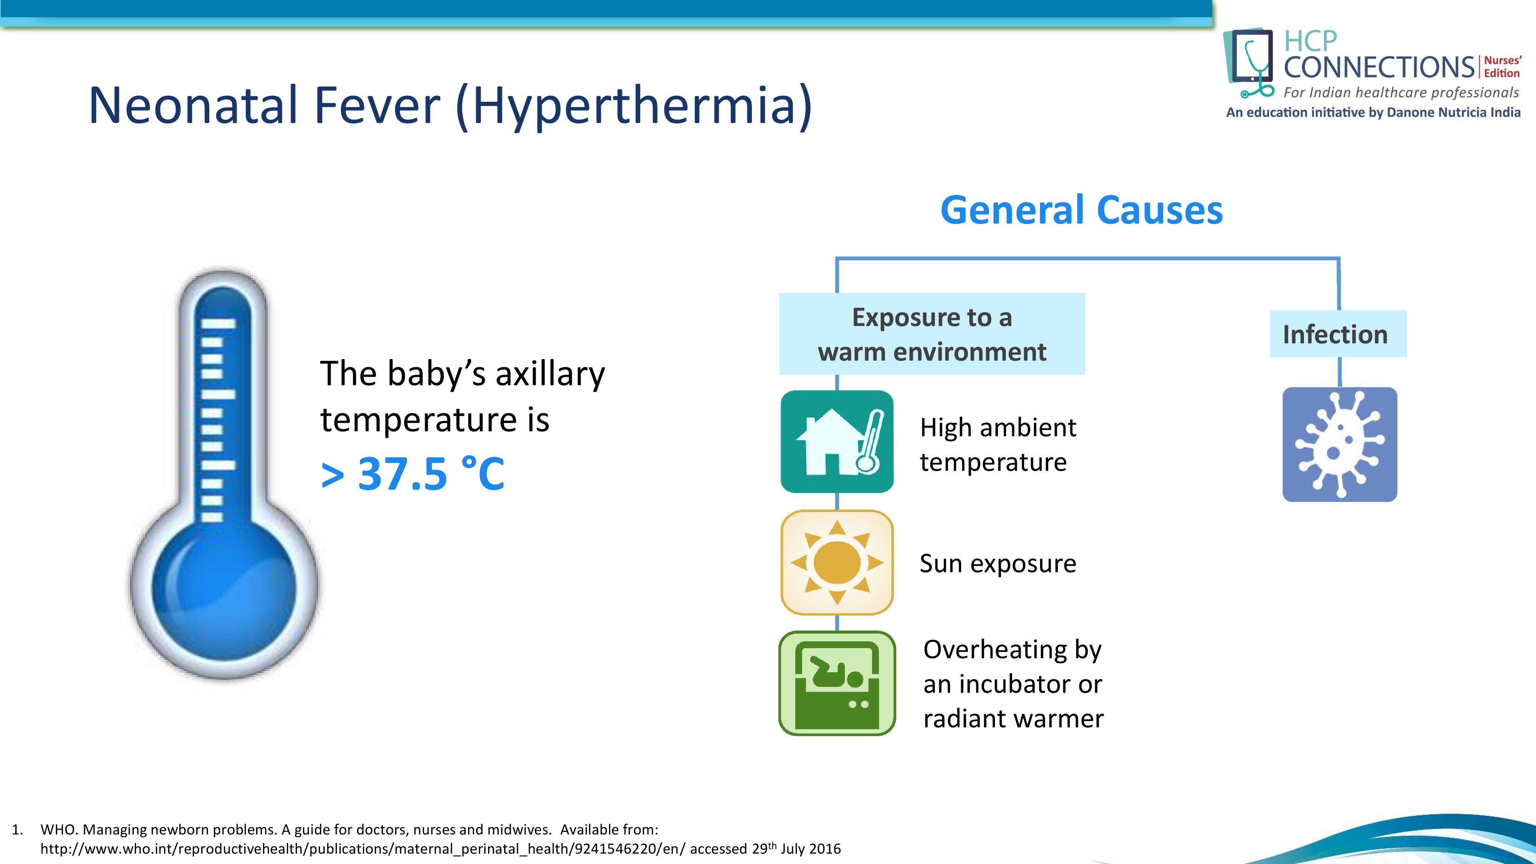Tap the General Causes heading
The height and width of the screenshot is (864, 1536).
[1082, 210]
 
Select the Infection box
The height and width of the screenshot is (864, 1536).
[1338, 334]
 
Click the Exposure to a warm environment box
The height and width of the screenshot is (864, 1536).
[932, 334]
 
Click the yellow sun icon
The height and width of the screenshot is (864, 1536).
[837, 562]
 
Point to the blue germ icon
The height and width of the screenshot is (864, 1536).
[1340, 444]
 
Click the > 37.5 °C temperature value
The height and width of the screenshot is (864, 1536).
[413, 474]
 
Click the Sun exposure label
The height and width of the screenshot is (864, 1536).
[998, 563]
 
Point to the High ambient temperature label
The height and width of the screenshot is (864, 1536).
[998, 445]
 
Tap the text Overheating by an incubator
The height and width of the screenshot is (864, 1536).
[1013, 667]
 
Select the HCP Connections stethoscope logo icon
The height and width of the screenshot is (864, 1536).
[1249, 63]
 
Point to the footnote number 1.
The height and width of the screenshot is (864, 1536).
[17, 829]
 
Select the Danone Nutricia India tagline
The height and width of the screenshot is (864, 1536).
[1373, 112]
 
